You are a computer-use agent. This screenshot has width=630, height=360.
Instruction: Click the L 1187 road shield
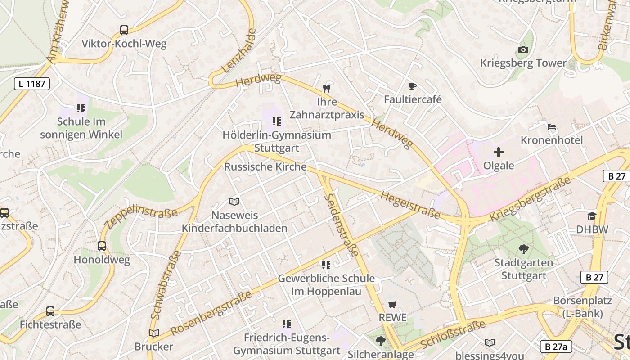(31, 83)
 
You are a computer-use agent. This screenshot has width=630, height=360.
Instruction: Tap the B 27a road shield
(556, 346)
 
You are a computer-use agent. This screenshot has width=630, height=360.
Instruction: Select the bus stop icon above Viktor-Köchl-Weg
(124, 30)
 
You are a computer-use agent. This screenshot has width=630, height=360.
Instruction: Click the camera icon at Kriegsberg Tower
(523, 49)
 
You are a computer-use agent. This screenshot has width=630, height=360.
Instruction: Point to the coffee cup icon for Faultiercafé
(412, 86)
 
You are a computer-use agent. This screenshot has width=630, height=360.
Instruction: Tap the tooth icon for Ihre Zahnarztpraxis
(327, 89)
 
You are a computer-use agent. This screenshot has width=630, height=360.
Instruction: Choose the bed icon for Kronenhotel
(552, 127)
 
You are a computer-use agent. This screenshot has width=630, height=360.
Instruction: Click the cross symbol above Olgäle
(499, 152)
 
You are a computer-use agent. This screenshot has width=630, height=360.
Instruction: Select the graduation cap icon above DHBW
(592, 216)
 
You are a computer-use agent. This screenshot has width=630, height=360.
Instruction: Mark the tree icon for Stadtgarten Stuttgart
(523, 249)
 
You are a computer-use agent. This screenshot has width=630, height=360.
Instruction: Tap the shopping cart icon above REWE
(392, 305)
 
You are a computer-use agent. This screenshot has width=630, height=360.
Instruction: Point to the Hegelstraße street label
(410, 205)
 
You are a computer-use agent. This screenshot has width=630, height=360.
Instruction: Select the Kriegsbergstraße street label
(530, 199)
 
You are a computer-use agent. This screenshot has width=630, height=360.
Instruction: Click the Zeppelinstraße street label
(140, 216)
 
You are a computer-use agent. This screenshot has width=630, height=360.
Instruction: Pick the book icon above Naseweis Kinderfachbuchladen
(234, 202)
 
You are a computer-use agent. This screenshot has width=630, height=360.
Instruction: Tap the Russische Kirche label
(265, 166)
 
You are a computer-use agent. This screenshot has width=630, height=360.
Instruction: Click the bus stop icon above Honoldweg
(102, 246)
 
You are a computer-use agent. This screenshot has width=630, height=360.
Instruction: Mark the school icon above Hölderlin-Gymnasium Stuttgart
(277, 121)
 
